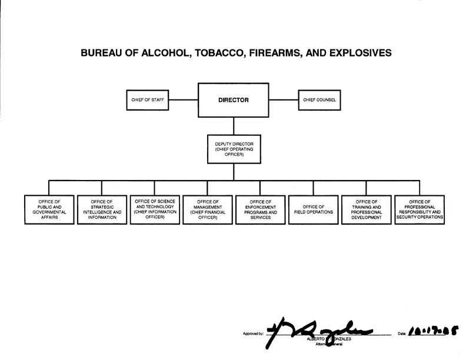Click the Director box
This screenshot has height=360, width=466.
[233, 100]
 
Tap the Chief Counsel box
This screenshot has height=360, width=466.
[319, 100]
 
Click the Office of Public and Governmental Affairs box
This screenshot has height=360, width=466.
[49, 209]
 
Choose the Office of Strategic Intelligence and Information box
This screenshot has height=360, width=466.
[102, 209]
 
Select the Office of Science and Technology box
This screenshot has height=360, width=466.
[155, 209]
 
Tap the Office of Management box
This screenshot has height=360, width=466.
[208, 209]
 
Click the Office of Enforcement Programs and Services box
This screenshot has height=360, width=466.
[261, 209]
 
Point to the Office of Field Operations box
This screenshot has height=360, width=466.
[314, 209]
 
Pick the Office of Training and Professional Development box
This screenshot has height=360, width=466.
[366, 209]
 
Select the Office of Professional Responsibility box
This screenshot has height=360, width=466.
[419, 209]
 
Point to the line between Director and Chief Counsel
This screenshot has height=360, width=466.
[284, 100]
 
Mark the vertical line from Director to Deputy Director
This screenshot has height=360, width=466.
[234, 126]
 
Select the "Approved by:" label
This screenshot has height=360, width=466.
[252, 334]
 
